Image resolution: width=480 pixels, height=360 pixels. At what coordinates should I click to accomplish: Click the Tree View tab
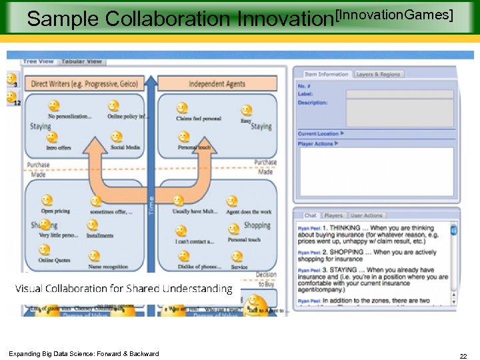coord(38,62)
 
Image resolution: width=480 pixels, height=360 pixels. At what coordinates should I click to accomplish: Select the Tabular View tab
coord(82,62)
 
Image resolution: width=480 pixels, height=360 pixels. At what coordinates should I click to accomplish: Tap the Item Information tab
coord(327,74)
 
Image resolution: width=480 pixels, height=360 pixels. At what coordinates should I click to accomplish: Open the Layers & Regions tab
coord(379,74)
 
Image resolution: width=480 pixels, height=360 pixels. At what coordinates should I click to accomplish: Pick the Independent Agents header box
coord(217,84)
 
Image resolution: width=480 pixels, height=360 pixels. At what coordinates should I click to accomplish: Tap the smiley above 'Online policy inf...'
coord(114,105)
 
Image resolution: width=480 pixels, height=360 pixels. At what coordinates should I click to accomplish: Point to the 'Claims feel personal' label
coord(198,119)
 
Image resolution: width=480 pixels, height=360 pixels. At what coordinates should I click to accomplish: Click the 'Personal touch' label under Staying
coord(195,147)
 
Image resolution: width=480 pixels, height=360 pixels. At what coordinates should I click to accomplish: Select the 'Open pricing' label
coord(55,211)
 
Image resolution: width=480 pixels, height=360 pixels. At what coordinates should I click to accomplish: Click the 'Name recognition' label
coord(107,267)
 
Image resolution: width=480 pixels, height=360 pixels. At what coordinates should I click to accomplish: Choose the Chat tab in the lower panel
coord(311,215)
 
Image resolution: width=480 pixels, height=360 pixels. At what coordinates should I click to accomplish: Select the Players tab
coord(333,215)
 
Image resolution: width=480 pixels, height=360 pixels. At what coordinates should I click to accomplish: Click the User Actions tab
coord(367,215)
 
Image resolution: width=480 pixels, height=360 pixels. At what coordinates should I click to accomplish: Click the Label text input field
coord(399,94)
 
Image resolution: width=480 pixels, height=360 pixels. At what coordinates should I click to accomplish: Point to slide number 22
coord(463,357)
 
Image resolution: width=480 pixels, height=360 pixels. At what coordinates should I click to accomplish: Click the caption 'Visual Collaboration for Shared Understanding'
coord(123,289)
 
